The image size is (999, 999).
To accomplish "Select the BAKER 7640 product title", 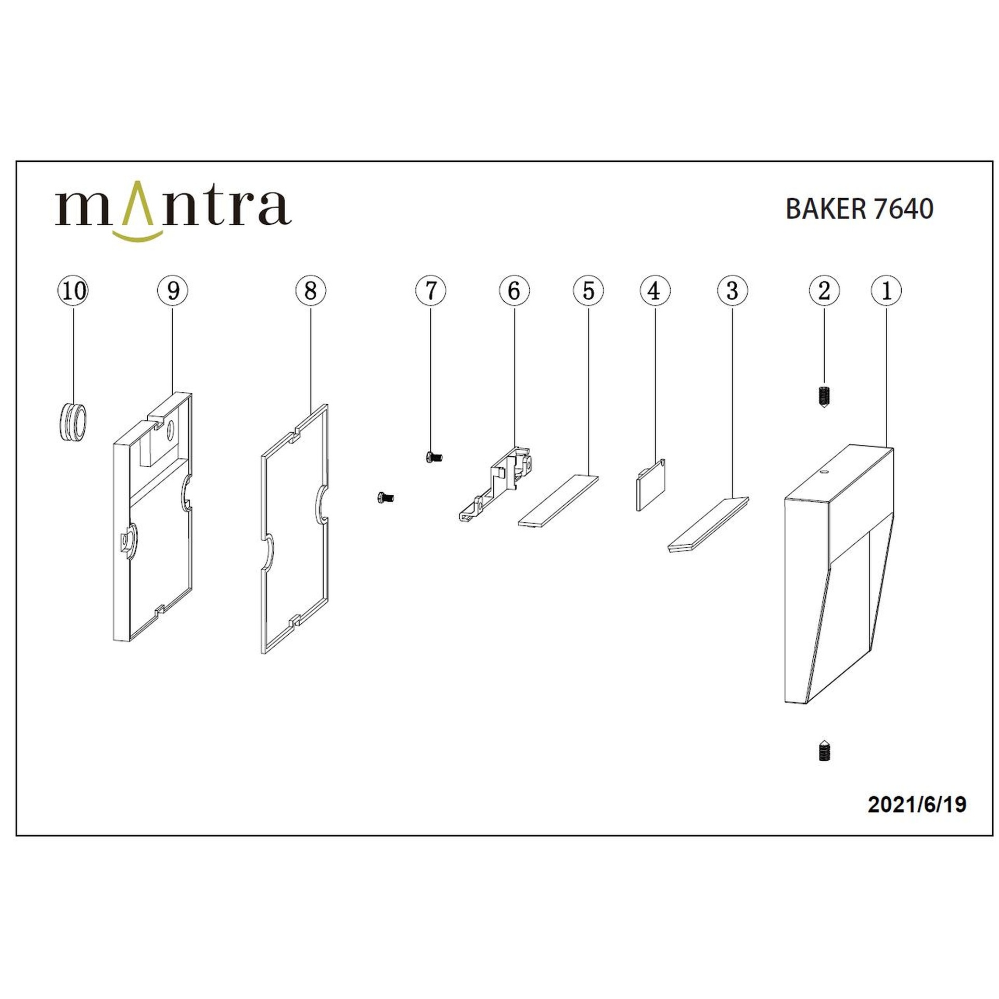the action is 859,209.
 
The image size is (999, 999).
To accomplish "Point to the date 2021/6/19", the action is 917,804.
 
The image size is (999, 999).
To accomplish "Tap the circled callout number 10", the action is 73,290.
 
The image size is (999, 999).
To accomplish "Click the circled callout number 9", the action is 173,290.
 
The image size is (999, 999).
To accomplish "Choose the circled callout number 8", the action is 311,290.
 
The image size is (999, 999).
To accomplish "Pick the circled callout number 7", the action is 431,290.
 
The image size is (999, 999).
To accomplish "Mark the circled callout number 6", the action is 514,290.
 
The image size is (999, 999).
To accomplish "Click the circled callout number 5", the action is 588,290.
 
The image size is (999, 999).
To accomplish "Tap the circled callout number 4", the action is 655,290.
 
